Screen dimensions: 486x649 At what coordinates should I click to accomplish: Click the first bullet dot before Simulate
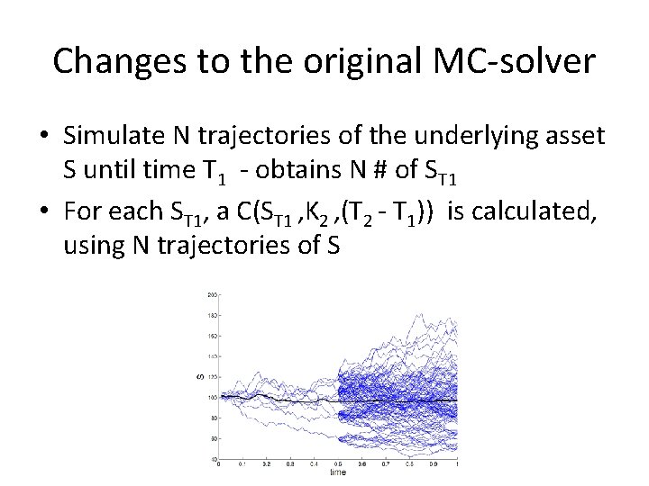tap(43, 136)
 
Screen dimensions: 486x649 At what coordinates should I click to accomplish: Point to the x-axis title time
tap(337, 471)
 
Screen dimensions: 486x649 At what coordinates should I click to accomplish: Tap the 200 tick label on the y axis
tap(213, 294)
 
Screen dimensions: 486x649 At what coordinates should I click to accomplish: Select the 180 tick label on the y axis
tap(213, 315)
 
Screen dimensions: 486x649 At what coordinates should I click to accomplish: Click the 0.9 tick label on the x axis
tap(434, 464)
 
